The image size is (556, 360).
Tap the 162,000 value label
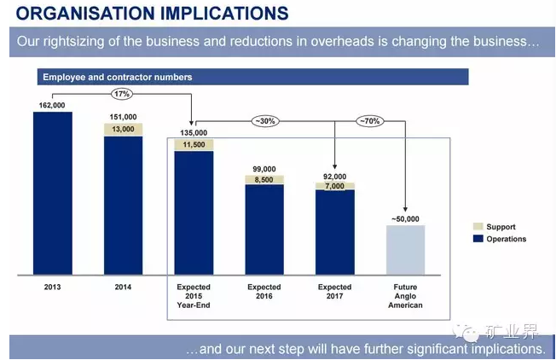point(52,106)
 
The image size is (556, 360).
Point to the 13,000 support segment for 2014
point(124,129)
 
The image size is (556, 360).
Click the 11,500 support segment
point(194,145)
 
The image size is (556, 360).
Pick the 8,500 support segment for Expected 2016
point(264,180)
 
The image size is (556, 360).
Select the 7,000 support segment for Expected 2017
point(334,185)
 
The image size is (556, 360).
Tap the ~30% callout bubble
point(264,121)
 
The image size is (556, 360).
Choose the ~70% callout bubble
point(369,121)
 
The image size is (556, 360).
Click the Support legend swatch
point(478,227)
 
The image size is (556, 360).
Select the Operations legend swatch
point(478,239)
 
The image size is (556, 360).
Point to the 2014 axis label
point(123,287)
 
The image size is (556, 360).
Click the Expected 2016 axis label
point(264,292)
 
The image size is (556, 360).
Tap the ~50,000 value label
point(406,219)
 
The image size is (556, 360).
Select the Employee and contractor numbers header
point(118,78)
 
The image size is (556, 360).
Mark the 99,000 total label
point(264,169)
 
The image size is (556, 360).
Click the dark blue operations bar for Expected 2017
point(334,231)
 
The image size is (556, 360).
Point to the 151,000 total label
point(124,117)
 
